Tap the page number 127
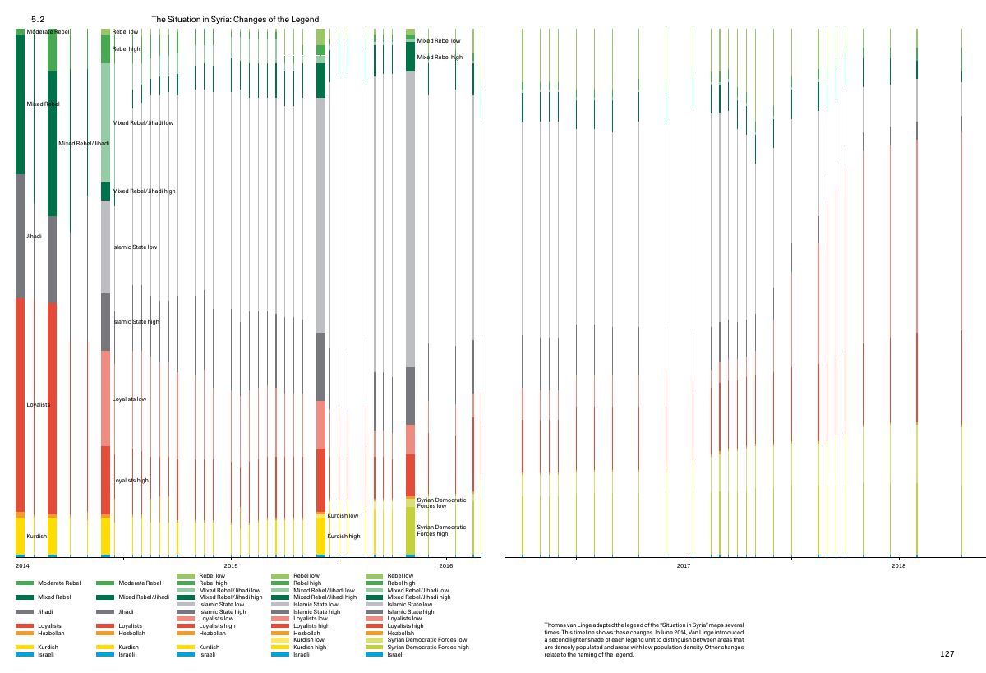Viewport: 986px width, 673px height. click(947, 653)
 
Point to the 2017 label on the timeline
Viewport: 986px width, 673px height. click(684, 565)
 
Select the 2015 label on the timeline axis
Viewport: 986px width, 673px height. click(231, 565)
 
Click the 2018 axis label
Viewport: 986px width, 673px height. click(898, 565)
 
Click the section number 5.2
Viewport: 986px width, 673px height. click(38, 20)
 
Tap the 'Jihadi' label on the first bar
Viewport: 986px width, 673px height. click(34, 237)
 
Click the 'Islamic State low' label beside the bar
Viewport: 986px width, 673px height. click(134, 247)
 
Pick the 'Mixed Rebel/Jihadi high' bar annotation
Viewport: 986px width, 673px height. click(144, 191)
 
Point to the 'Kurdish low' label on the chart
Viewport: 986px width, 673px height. click(343, 515)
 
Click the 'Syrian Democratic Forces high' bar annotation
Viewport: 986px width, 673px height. click(441, 530)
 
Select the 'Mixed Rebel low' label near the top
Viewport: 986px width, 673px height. click(439, 40)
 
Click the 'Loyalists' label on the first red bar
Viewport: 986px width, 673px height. click(39, 404)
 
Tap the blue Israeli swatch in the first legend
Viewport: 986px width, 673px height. click(25, 655)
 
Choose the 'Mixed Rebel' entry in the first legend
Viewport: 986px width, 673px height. click(54, 597)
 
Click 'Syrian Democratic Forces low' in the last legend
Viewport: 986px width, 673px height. click(427, 640)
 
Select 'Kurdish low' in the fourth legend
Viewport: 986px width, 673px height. click(309, 640)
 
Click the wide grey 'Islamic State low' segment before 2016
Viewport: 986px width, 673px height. click(410, 219)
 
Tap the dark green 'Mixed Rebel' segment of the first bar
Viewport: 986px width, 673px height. click(20, 104)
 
